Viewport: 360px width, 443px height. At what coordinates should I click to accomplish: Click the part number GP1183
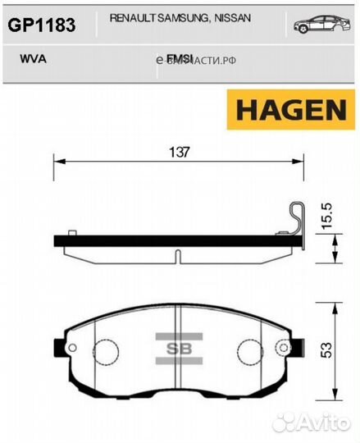(41, 25)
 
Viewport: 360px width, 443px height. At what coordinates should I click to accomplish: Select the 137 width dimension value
(180, 151)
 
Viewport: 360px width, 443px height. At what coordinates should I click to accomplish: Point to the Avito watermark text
(325, 421)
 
